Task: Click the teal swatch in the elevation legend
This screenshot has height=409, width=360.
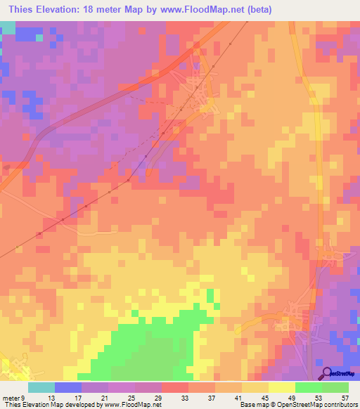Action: (41, 387)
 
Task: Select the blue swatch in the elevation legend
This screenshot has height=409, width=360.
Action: (68, 387)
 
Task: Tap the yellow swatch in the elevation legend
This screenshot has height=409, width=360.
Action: (282, 387)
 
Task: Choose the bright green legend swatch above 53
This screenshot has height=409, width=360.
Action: (309, 387)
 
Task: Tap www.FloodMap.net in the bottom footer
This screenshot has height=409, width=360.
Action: (134, 405)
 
